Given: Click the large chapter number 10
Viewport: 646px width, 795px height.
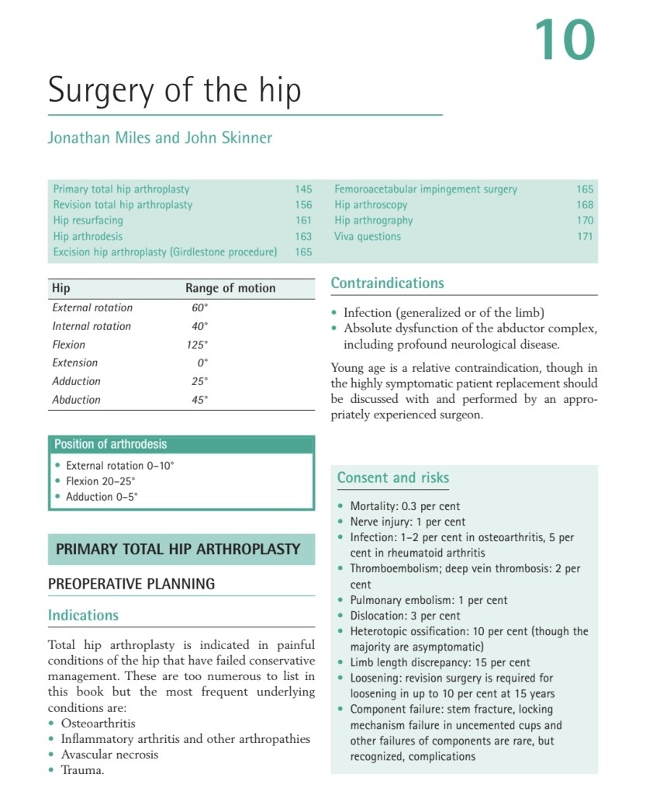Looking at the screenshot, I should (x=564, y=41).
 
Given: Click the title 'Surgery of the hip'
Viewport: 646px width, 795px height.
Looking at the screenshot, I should (x=174, y=91).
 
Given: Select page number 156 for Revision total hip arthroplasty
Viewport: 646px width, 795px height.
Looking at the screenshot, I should (x=303, y=205).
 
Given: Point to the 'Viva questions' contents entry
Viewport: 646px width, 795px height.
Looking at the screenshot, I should (x=368, y=236).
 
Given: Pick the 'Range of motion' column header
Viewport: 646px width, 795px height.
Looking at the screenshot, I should (x=230, y=288).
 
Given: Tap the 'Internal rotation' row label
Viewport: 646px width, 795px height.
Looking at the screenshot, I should (x=92, y=326).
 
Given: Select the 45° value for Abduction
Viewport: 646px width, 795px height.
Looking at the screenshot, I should (x=200, y=400).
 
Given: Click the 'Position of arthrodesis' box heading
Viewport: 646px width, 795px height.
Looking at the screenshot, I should (x=110, y=444).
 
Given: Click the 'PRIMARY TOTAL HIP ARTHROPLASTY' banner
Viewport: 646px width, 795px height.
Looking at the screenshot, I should (x=178, y=549).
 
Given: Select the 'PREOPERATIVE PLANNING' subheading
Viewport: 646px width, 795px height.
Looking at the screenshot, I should (x=131, y=584).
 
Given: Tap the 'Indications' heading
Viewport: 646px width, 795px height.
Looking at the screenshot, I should (x=83, y=616).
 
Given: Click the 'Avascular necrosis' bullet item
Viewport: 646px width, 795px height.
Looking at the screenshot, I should (x=109, y=755).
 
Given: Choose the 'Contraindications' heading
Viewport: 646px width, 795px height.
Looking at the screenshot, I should (x=387, y=283).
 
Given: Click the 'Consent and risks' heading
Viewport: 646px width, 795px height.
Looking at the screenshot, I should (x=392, y=477).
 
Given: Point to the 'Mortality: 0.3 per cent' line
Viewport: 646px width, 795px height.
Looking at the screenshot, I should (x=405, y=506).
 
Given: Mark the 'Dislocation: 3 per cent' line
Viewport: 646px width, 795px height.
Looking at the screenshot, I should (x=405, y=616).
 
